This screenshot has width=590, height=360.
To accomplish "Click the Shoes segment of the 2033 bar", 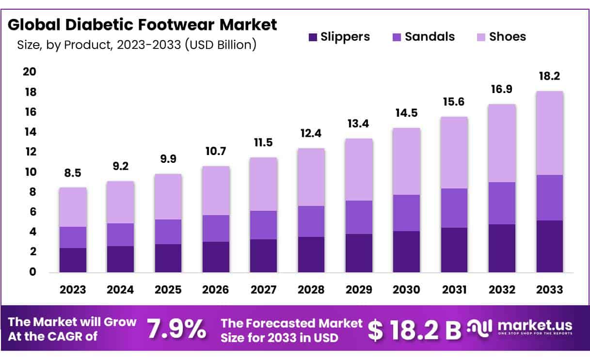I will point(549,133).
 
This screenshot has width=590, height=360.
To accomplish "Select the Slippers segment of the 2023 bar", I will point(73,260).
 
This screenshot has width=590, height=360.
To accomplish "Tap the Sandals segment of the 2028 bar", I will point(311,221).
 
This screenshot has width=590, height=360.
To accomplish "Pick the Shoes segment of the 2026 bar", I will point(216,190).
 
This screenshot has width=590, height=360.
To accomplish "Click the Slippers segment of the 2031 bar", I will point(454,250).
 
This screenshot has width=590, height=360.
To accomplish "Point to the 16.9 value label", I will point(502,90).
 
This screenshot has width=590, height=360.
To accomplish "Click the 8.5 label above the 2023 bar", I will point(73,173).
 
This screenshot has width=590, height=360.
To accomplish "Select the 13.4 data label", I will point(359,125).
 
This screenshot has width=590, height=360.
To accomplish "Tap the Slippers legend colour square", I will point(313,37).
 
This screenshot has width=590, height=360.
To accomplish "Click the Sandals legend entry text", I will point(430,36).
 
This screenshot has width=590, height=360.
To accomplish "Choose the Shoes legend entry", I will point(507,36).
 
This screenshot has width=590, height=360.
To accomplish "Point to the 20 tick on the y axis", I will point(30,72).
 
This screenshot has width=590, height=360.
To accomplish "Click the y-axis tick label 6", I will point(33,212).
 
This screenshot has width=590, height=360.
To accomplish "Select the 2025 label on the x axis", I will point(168,290).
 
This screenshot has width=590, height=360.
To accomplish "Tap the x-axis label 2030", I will point(406,290).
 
